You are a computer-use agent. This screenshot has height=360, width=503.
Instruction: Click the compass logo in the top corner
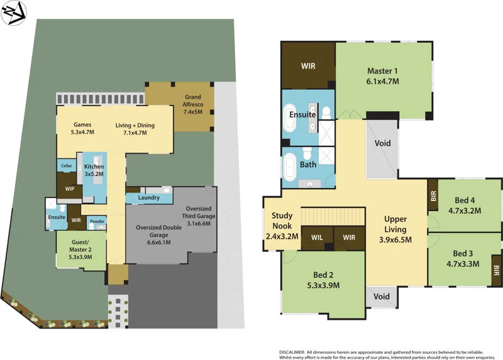(13, 13)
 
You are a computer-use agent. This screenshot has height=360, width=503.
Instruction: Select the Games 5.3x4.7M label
(83, 129)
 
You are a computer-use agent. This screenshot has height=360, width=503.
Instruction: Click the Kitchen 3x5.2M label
(94, 170)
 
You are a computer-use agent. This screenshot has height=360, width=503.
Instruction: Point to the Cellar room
(66, 166)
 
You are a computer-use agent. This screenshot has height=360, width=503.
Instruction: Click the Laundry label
(148, 198)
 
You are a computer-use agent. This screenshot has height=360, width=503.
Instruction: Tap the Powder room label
(97, 221)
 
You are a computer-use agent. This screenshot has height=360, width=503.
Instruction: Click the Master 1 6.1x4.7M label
(383, 76)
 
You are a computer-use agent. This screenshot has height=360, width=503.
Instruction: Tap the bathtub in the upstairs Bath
(291, 170)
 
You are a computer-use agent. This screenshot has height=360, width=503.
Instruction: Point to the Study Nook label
(282, 226)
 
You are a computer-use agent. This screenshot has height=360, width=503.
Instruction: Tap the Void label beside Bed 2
(382, 297)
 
